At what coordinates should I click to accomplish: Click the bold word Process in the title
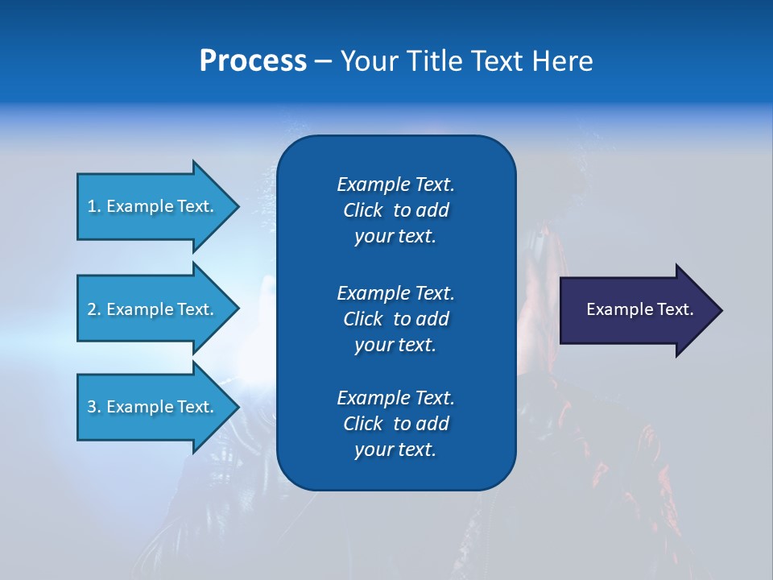click(253, 61)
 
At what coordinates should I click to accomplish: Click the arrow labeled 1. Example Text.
click(153, 206)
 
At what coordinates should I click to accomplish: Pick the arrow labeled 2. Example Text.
click(153, 309)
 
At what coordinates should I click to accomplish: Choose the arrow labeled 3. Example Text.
click(153, 407)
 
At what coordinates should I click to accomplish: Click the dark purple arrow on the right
click(636, 310)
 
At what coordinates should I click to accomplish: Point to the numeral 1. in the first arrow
click(94, 206)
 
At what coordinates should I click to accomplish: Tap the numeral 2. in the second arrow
click(94, 309)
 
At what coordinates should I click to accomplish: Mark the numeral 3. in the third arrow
click(94, 407)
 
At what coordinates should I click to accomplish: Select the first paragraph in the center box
click(395, 210)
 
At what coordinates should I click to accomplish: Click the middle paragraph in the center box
click(395, 319)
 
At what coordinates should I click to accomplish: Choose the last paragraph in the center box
click(395, 424)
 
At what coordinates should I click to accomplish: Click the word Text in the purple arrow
click(674, 309)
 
